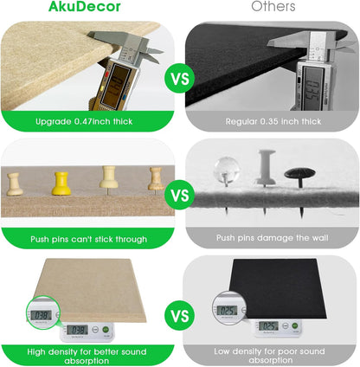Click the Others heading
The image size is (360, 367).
(x=273, y=7)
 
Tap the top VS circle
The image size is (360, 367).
(x=179, y=79)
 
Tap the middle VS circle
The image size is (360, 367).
(x=179, y=195)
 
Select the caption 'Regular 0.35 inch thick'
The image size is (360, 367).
(x=273, y=123)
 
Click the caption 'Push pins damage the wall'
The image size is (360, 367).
(x=273, y=239)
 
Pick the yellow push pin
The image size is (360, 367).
(x=61, y=183)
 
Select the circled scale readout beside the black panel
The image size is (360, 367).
(x=228, y=309)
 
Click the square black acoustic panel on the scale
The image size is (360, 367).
(x=284, y=290)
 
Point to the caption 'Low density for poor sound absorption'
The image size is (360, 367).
(x=273, y=354)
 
